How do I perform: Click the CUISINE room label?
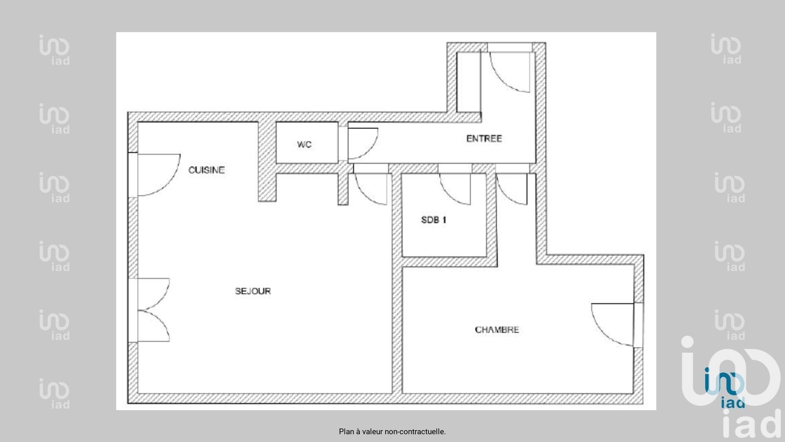[206, 170]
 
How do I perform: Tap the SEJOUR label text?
[253, 291]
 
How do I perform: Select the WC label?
[304, 144]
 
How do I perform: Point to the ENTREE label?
[484, 139]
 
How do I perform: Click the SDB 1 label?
[434, 220]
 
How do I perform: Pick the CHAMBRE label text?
[497, 330]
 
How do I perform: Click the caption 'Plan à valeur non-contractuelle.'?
[392, 431]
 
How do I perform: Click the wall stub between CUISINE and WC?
[267, 162]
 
